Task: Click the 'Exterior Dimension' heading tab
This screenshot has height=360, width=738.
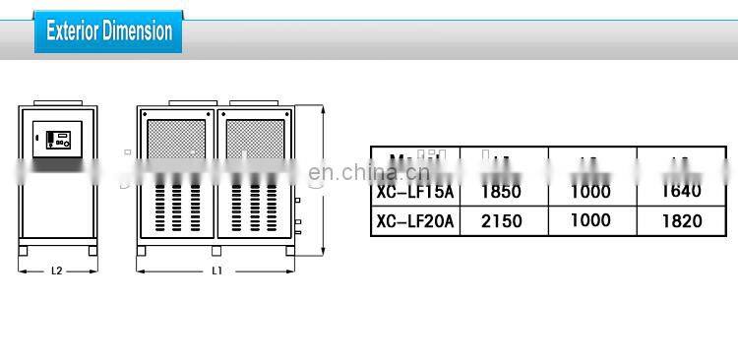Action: [108, 31]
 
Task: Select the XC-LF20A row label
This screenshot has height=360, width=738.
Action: [415, 221]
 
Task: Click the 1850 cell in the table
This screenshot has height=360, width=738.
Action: [501, 192]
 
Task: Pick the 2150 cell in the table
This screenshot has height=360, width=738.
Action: [501, 221]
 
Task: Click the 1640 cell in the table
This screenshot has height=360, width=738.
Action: [682, 192]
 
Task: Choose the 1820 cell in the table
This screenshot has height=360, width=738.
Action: [682, 221]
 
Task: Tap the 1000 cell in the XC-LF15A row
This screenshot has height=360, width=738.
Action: [590, 192]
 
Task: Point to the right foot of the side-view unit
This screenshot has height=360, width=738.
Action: [92, 251]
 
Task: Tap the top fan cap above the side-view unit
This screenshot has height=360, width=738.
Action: [58, 105]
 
